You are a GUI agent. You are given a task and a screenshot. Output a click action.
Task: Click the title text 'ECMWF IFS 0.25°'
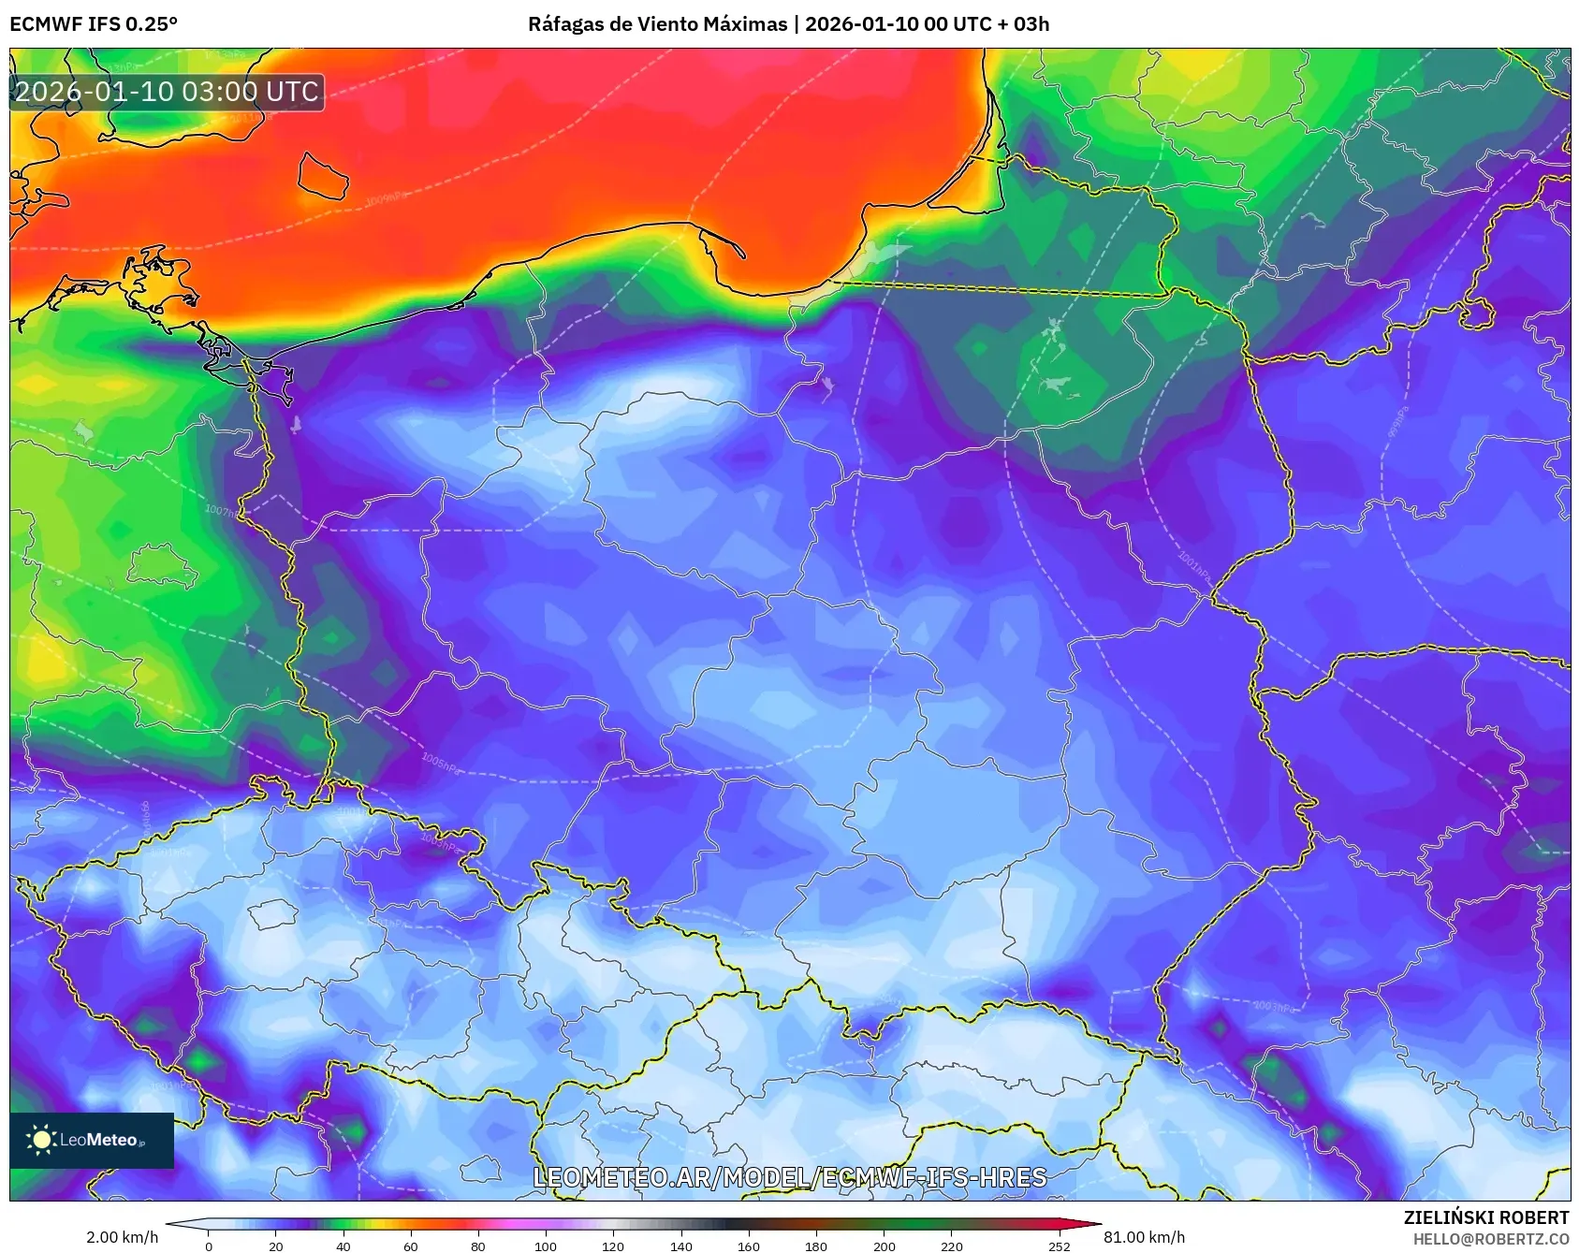tap(94, 24)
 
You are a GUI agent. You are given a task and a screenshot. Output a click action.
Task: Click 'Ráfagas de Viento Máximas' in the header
tap(657, 24)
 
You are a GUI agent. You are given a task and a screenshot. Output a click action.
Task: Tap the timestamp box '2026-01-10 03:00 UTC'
tap(167, 92)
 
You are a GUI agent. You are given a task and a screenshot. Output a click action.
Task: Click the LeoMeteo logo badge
tap(92, 1140)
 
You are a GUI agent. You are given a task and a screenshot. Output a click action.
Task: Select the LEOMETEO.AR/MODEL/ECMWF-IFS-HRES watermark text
tap(789, 1177)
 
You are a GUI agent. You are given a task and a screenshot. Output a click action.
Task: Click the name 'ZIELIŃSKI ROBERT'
tap(1485, 1217)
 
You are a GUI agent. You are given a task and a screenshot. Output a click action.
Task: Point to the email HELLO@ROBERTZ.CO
tap(1490, 1239)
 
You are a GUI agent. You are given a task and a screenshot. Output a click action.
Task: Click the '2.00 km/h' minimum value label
tap(122, 1237)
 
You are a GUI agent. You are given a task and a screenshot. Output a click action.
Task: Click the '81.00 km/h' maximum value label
tap(1144, 1237)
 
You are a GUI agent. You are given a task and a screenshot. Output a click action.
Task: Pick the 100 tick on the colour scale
tap(546, 1246)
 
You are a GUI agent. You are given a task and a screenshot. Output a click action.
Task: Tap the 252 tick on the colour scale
tap(1060, 1246)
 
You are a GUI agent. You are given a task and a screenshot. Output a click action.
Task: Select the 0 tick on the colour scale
tap(208, 1246)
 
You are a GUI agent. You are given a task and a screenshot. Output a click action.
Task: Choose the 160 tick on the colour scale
tap(748, 1246)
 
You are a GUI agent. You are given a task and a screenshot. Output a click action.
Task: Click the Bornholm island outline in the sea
tap(323, 176)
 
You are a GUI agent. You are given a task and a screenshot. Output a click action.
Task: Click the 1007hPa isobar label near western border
tap(223, 512)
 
